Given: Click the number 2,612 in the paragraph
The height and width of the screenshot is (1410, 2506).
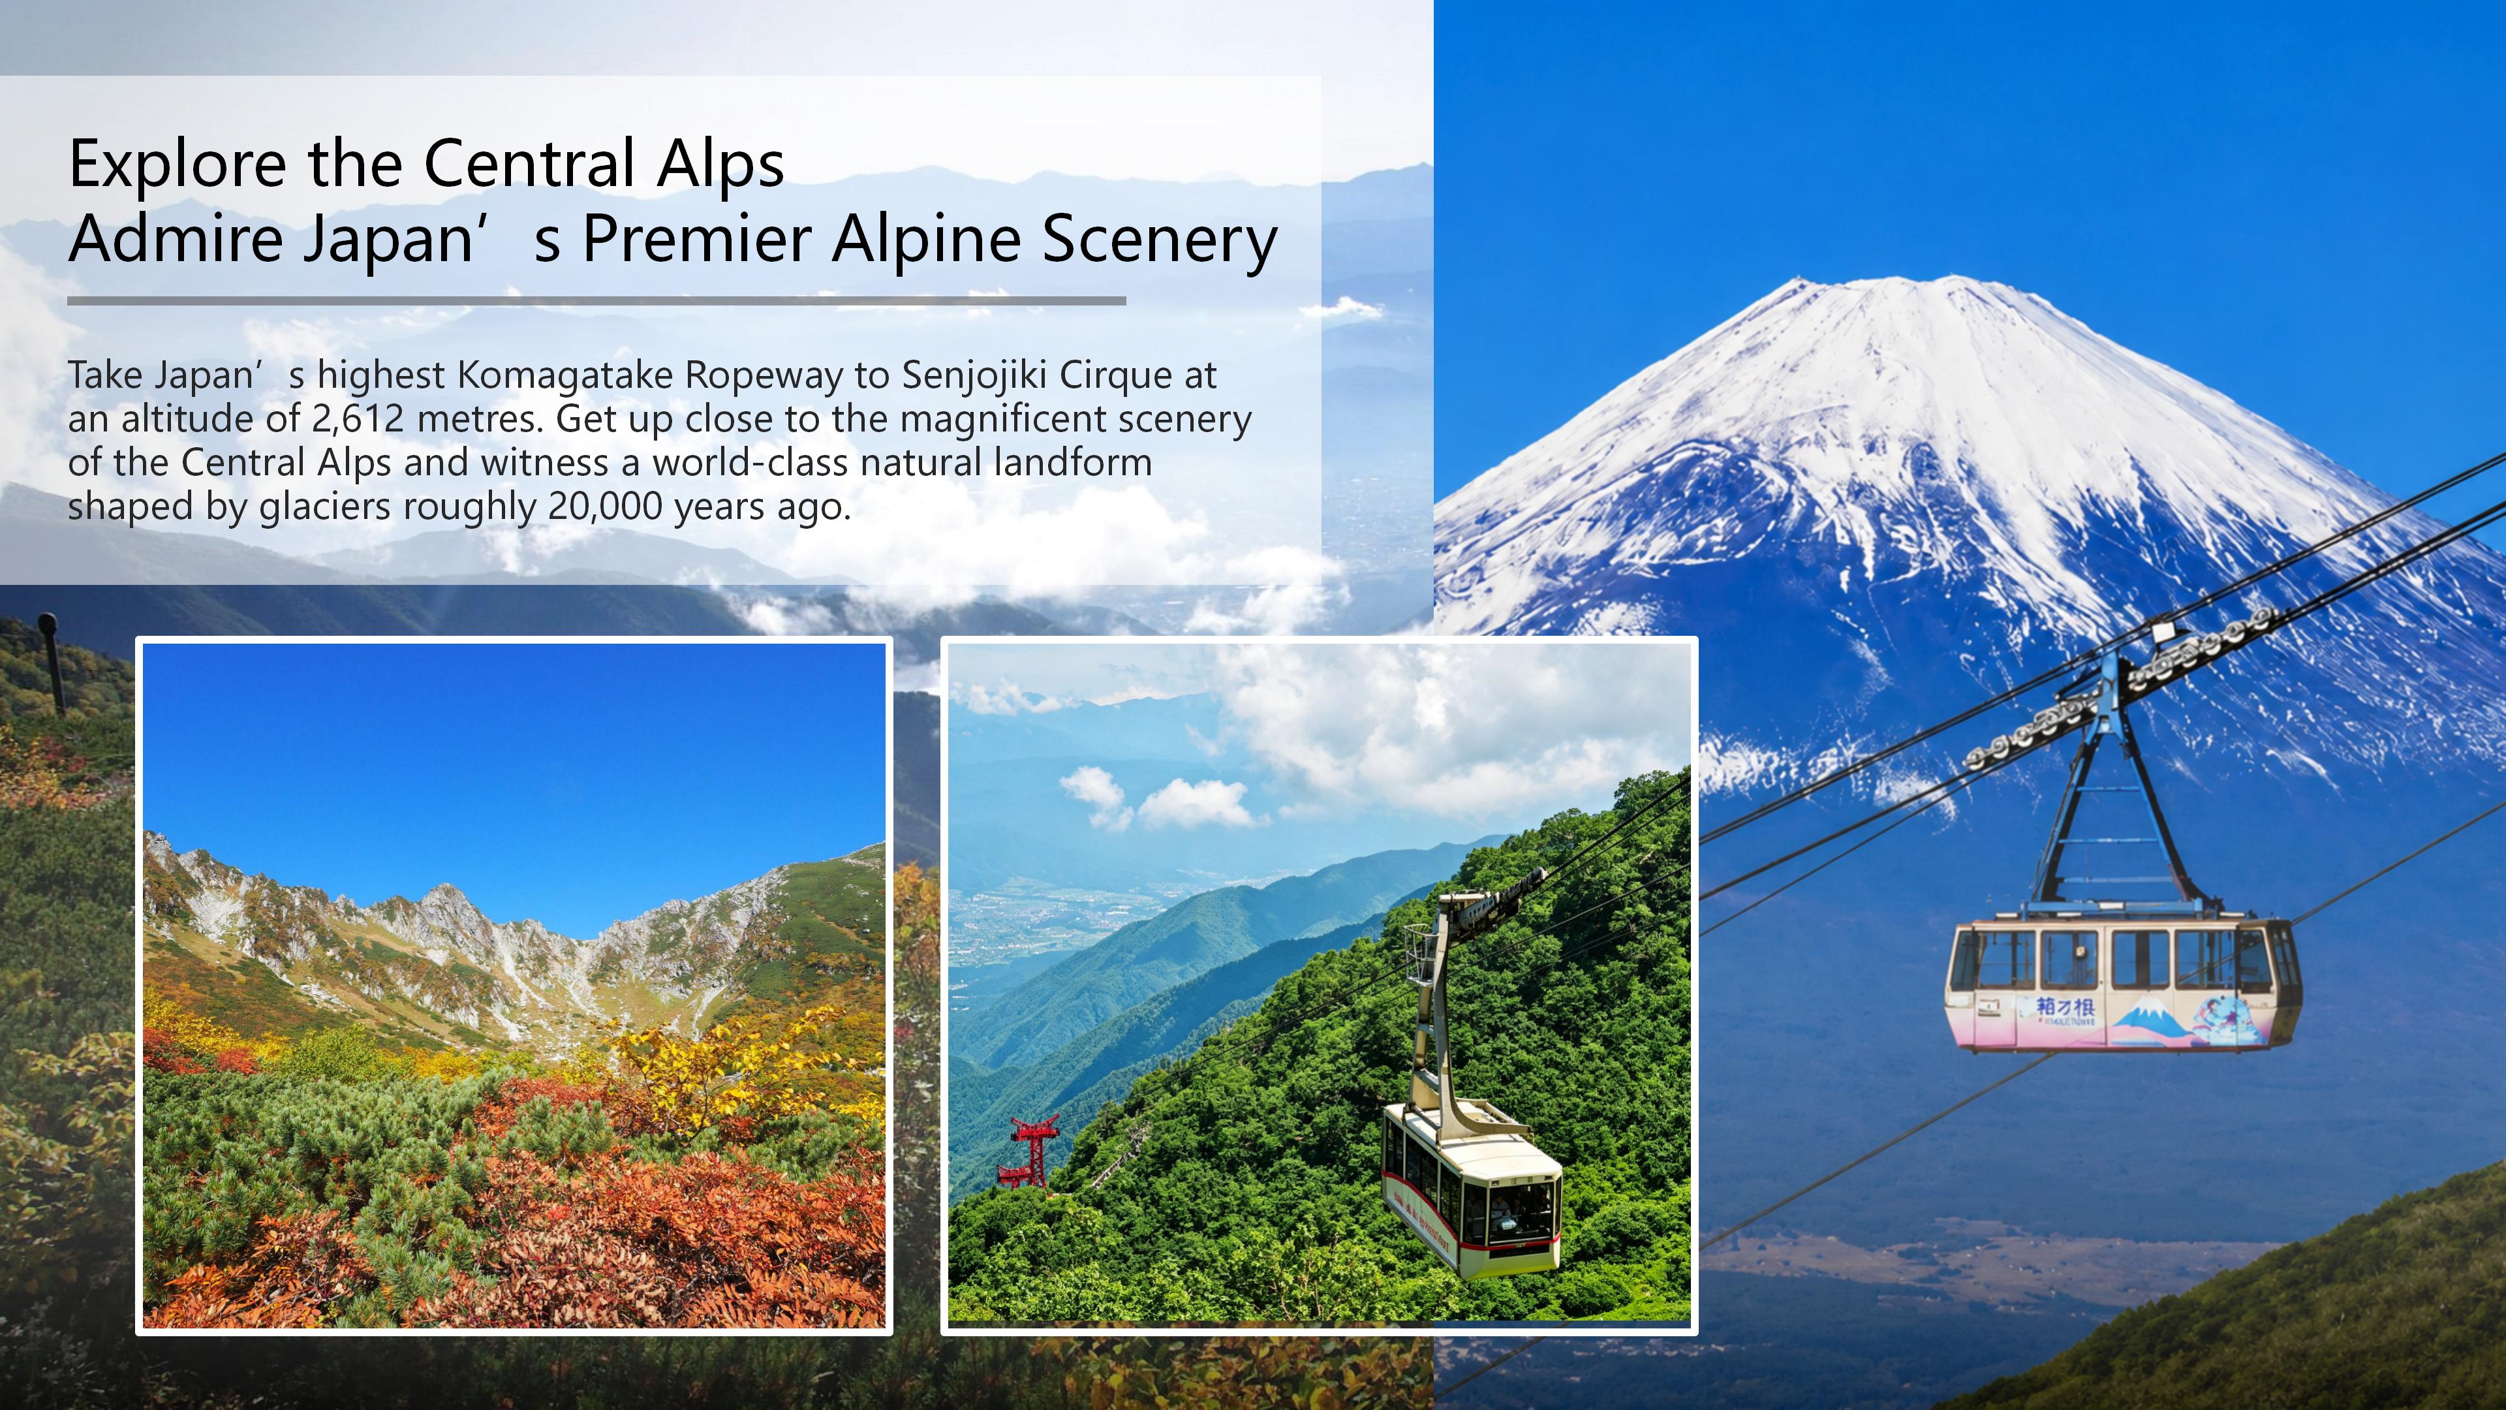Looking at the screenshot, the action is click(x=358, y=419).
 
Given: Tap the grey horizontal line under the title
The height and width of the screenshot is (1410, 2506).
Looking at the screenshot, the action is click(x=596, y=301).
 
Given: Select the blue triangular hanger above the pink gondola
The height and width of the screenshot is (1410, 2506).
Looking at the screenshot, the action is click(x=2114, y=788).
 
